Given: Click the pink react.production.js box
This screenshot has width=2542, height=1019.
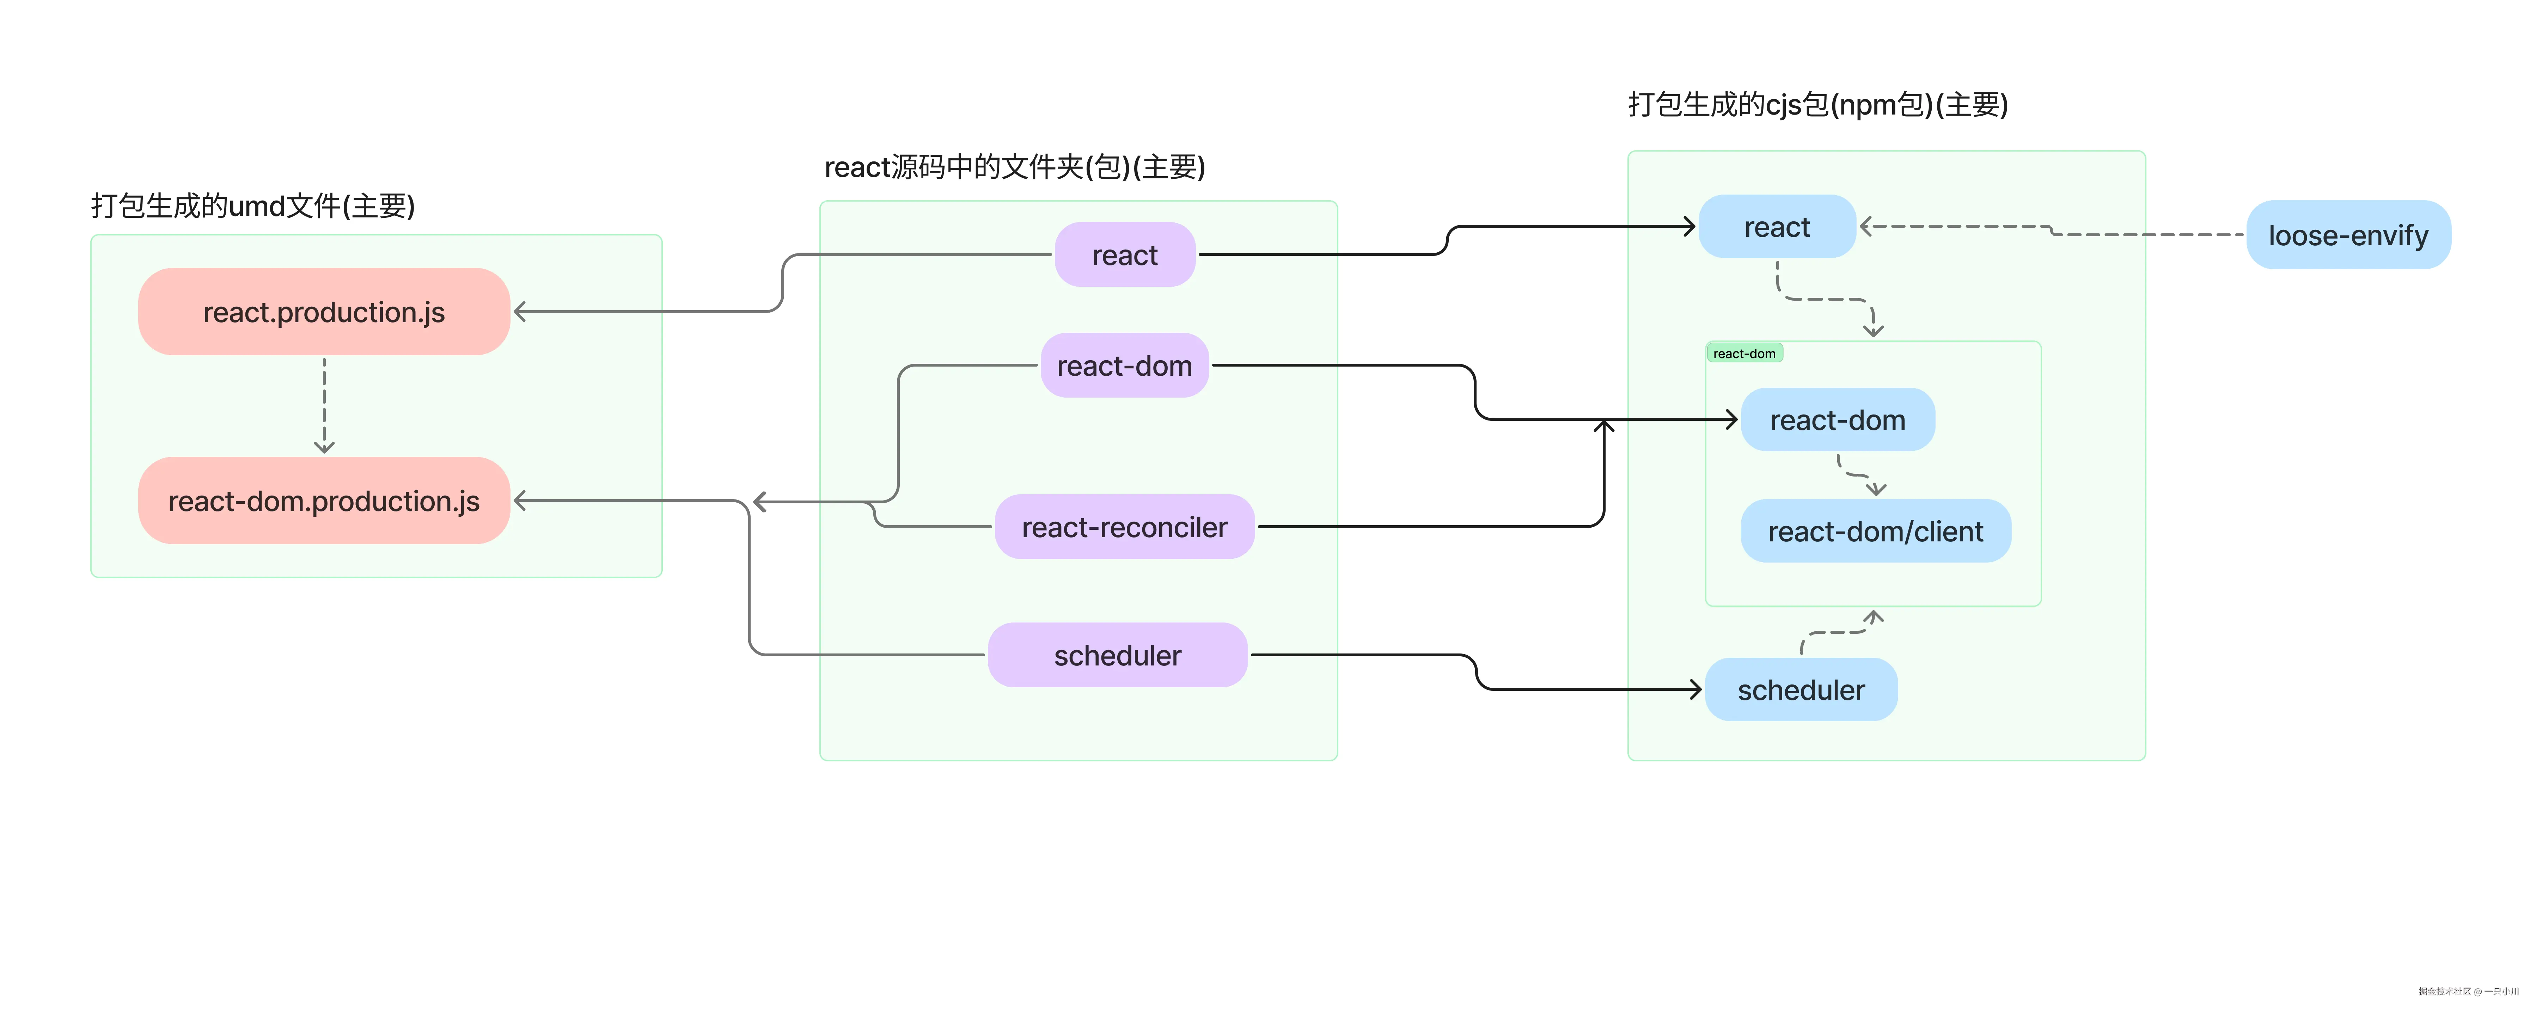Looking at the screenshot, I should click(x=324, y=312).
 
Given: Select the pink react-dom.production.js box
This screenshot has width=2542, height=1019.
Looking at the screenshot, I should click(x=324, y=501).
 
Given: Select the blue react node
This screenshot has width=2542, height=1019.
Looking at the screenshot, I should click(x=1776, y=227).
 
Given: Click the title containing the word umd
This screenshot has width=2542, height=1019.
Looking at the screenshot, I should click(x=253, y=206).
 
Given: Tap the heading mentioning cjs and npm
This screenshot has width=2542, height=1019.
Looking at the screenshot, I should click(x=1818, y=105).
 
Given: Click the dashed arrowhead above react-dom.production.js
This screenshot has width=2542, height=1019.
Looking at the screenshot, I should click(x=324, y=447).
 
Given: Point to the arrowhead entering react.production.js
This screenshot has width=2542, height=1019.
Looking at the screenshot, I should click(x=520, y=312).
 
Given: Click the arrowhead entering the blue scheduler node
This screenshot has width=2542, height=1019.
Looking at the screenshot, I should click(x=1695, y=689).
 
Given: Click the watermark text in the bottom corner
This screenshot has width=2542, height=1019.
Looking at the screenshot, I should click(x=2467, y=992).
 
